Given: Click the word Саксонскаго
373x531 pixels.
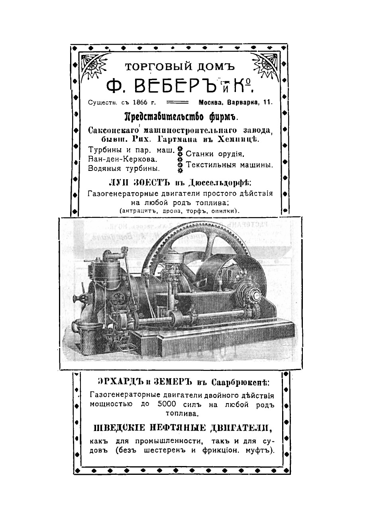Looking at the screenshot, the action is click(x=112, y=130).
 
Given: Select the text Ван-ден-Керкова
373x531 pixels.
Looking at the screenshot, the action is click(x=122, y=159).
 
